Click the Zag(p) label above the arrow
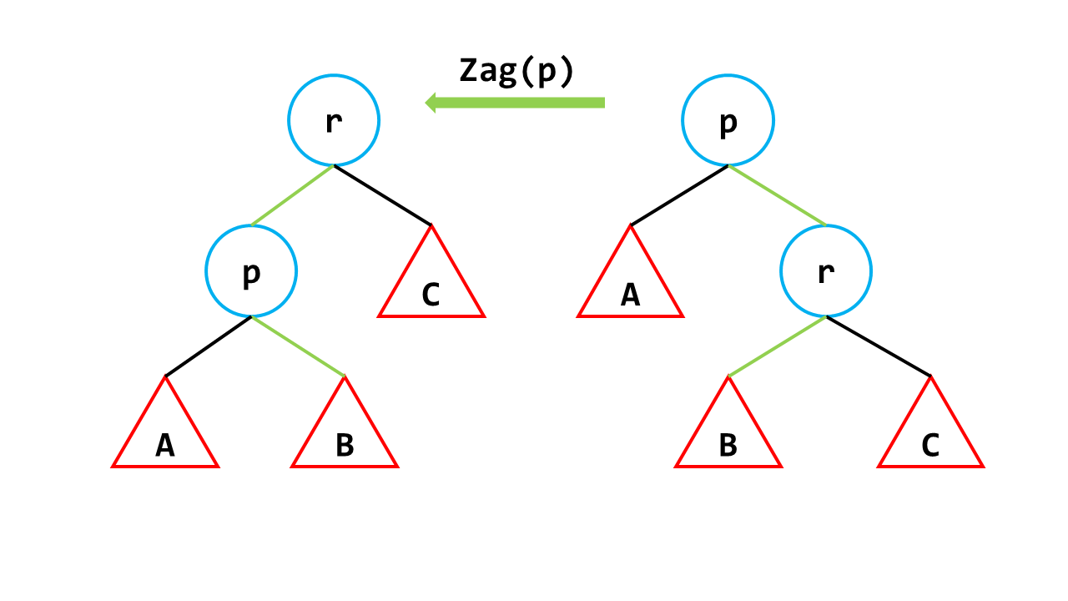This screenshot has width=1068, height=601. click(x=516, y=72)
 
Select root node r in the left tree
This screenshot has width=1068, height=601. click(x=334, y=120)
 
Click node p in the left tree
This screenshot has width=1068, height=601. click(x=251, y=271)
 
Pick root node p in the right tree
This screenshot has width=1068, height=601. click(x=728, y=120)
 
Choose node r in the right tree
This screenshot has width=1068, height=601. click(x=826, y=271)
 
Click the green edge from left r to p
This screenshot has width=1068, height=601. click(x=292, y=195)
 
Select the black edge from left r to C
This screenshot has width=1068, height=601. click(x=382, y=195)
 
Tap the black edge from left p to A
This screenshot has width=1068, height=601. click(x=208, y=346)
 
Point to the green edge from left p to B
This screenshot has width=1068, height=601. click(x=298, y=346)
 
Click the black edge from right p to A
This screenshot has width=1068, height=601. click(x=679, y=195)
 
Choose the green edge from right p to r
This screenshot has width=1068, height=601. click(x=777, y=195)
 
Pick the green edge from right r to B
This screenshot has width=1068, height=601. click(x=777, y=346)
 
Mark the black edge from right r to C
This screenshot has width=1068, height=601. click(x=878, y=346)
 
